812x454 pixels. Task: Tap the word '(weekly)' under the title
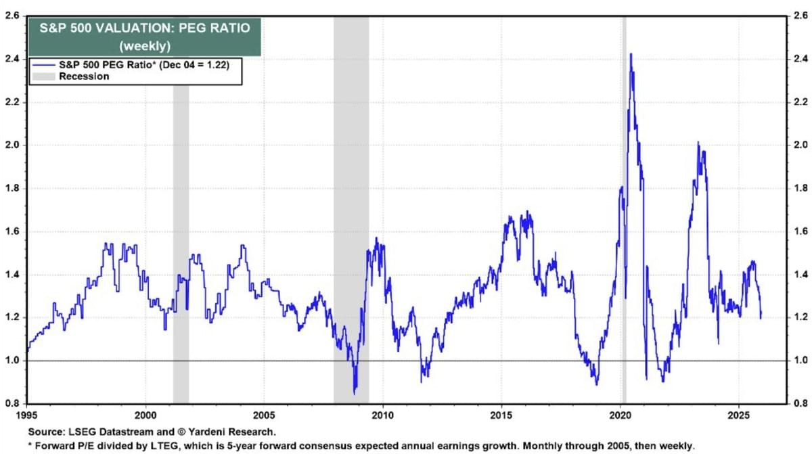tap(143, 46)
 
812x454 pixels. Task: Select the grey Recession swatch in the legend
tap(42, 76)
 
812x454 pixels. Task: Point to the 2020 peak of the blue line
tap(631, 54)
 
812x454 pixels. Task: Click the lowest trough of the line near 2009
tap(355, 394)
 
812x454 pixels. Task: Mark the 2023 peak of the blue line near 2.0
tap(698, 143)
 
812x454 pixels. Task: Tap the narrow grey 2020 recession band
tap(624, 203)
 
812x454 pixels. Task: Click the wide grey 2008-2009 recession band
tap(351, 203)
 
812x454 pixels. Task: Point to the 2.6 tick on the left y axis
tap(12, 15)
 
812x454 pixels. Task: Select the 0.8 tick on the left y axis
tap(12, 404)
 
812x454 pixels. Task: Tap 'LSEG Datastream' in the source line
tap(98, 431)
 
